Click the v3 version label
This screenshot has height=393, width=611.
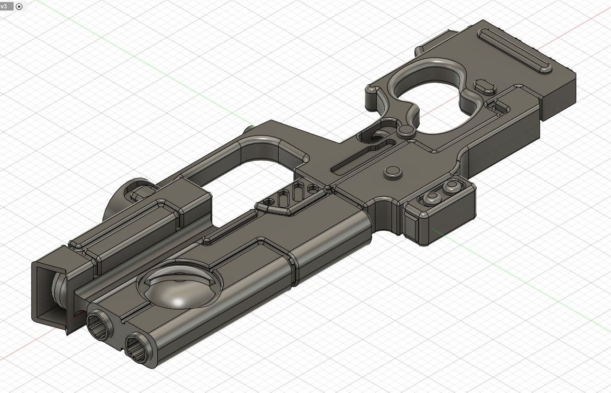(x=4, y=6)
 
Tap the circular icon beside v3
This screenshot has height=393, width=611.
(x=19, y=7)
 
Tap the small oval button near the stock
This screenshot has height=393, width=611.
(x=486, y=86)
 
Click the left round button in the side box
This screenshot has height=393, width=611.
(x=432, y=197)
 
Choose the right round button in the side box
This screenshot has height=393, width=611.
(x=451, y=187)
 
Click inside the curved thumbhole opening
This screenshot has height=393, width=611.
(x=429, y=99)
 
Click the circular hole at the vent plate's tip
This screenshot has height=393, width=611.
(x=270, y=202)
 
